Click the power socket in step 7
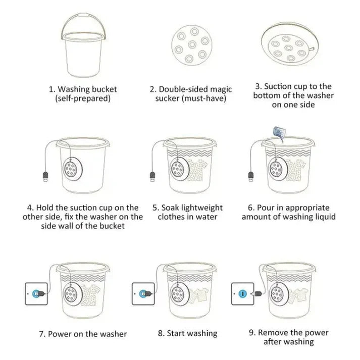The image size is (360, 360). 36,293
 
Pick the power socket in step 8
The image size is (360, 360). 142,293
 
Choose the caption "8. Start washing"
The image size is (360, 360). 187,333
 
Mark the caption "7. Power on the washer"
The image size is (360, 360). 83,334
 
